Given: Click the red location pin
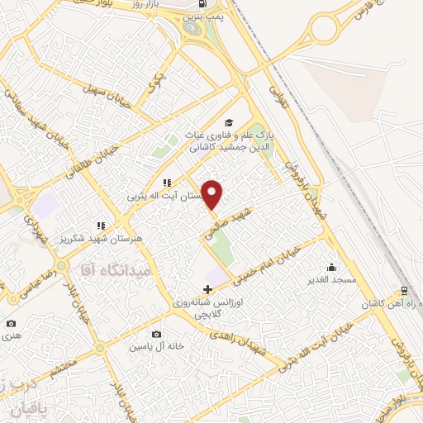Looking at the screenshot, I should point(213,194).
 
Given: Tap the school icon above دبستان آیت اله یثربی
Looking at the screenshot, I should point(167,183).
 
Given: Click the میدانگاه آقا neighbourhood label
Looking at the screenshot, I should point(112,270).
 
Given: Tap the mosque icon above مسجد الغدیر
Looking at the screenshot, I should point(331,267).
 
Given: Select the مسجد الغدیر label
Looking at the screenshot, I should point(328,280).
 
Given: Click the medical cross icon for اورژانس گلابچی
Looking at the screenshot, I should point(207,290).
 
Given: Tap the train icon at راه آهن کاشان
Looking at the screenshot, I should point(404,291).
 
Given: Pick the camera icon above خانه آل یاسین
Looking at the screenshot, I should point(156,334).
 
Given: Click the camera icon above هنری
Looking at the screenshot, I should point(10,323).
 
